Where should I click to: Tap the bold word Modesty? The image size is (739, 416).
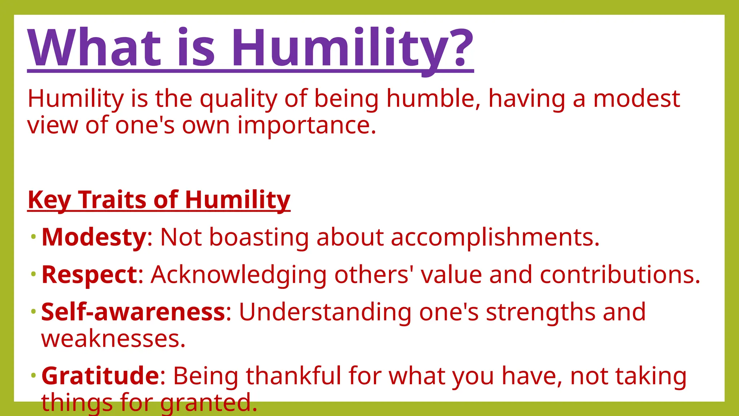94,238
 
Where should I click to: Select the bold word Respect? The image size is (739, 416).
89,275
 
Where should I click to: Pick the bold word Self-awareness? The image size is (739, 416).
133,312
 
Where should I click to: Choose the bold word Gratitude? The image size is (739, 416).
100,376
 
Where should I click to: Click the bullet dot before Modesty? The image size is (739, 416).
34,237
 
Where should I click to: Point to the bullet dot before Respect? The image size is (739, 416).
34,274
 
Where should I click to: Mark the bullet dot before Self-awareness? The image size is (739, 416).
34,311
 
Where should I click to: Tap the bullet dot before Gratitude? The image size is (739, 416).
34,375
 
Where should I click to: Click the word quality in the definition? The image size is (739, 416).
239,99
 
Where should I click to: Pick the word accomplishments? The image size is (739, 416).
495,238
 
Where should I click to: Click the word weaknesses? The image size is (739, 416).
113,339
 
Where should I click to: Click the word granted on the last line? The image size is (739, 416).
209,403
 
